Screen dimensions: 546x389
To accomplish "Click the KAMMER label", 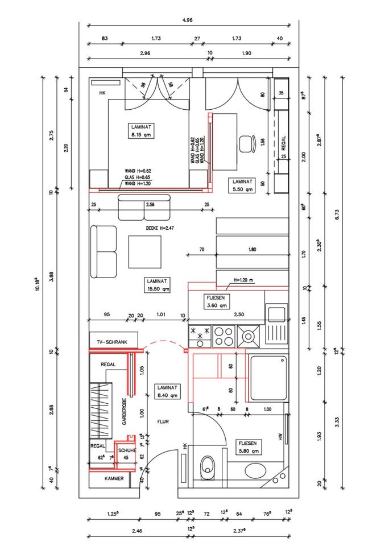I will [x=114, y=479].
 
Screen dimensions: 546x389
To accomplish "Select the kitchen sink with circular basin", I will [x=249, y=336].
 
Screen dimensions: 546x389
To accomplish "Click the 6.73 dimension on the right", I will [x=353, y=214].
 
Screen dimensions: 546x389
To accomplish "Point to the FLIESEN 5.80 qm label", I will [x=249, y=447].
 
